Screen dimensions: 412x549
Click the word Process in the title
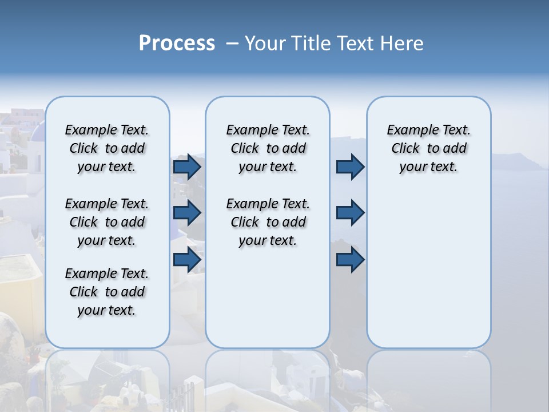177,43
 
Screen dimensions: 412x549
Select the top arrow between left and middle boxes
187,167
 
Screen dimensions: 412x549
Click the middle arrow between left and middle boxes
187,213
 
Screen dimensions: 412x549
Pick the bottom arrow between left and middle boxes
187,259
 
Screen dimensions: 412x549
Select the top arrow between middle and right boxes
350,167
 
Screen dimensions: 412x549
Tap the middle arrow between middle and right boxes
350,213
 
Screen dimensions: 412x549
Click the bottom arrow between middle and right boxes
350,259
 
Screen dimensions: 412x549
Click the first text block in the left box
107,148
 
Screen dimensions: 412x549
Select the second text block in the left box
107,222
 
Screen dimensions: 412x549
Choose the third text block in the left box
107,292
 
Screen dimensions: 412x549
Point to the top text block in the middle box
268,148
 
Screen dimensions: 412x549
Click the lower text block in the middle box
268,222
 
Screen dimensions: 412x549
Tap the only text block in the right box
428,148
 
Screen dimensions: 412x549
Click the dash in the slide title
232,43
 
